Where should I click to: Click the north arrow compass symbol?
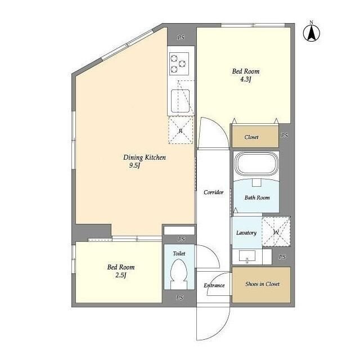point(311,33)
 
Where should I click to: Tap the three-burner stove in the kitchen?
point(179,64)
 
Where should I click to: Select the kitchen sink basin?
point(180,101)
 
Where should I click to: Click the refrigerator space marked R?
point(181,130)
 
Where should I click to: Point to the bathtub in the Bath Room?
point(256,164)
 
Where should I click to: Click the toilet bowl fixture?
point(179,274)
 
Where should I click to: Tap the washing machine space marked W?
point(276,232)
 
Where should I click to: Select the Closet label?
point(251,137)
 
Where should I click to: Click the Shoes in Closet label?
point(262,284)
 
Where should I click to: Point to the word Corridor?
point(214,192)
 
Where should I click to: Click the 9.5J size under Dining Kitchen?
point(134,165)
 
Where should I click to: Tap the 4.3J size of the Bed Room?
point(246,79)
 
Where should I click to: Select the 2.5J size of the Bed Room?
point(121,275)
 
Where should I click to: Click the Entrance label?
point(214,285)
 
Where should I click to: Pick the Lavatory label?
point(246,233)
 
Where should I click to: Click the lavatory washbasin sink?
point(247,256)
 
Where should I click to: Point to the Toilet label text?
point(179,254)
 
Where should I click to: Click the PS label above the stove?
point(181,38)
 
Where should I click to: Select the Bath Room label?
point(257,197)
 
